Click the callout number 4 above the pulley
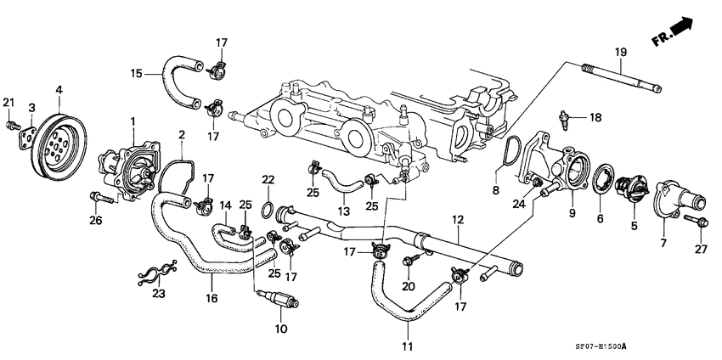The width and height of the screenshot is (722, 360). click(59, 88)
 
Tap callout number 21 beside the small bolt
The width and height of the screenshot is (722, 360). click(9, 103)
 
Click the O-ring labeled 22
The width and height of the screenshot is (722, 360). click(267, 207)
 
